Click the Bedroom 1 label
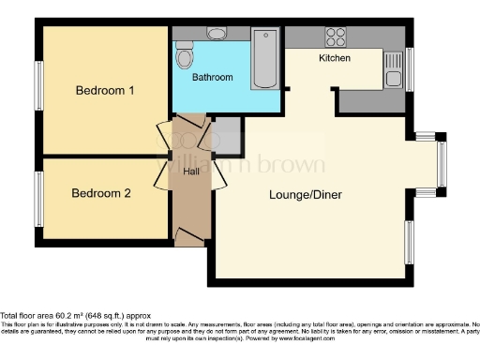point(105,91)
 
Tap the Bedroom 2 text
point(101,194)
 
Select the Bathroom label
point(213,78)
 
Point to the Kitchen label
point(335,58)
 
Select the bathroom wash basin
point(217,34)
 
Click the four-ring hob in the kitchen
point(335,37)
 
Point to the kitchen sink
point(394,67)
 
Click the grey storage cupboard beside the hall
point(226,135)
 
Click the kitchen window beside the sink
point(409,68)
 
